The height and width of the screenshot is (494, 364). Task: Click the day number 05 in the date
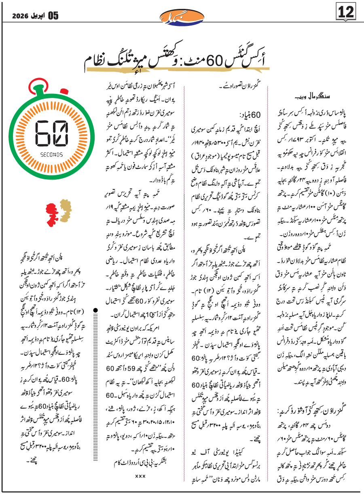click(53, 16)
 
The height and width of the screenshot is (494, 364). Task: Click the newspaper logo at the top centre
click(182, 16)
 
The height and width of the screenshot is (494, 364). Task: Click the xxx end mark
click(140, 477)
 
